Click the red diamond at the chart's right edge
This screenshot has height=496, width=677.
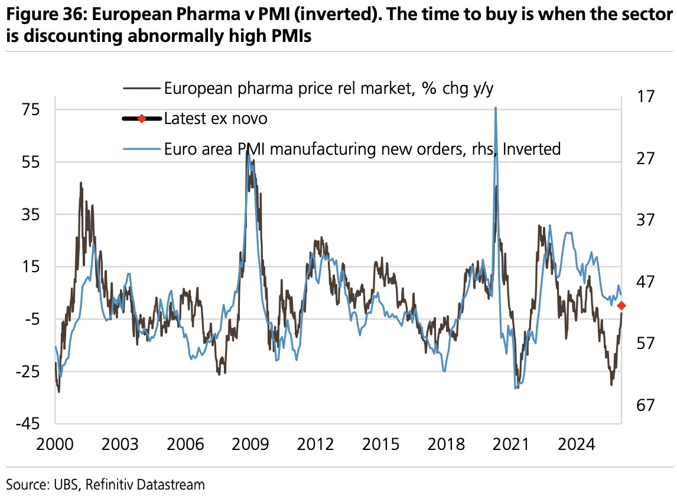[x=621, y=305]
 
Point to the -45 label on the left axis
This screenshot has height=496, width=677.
[x=28, y=423]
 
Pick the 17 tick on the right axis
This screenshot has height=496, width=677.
[x=645, y=96]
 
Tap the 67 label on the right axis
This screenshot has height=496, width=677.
[x=645, y=405]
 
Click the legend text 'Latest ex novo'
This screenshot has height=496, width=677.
[x=216, y=119]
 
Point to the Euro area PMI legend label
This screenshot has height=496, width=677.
[x=362, y=149]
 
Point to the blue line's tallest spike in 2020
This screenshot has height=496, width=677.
[x=495, y=108]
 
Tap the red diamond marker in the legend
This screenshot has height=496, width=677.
[x=141, y=119]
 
